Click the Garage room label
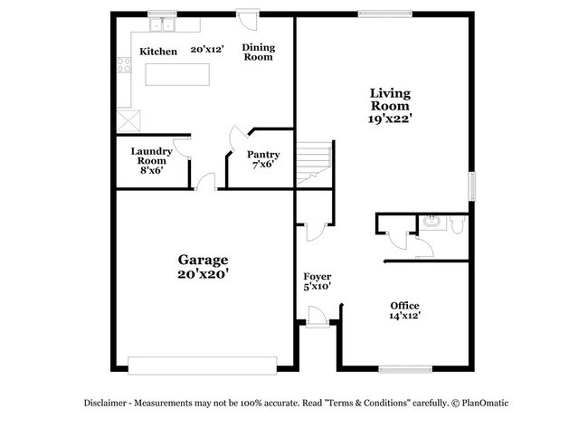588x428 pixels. point(203,259)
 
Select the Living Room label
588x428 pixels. point(390,99)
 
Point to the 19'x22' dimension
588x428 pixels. point(390,117)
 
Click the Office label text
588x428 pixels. point(404,305)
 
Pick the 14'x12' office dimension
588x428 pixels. point(404,316)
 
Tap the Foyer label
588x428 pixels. point(317,276)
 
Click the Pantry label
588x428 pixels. point(263,155)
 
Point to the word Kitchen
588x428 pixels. point(158,52)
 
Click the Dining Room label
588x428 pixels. point(258,52)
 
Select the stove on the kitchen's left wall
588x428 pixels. point(125,66)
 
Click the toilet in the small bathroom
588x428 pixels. point(457,223)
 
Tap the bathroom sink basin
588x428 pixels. point(432,221)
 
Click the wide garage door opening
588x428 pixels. point(201,365)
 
